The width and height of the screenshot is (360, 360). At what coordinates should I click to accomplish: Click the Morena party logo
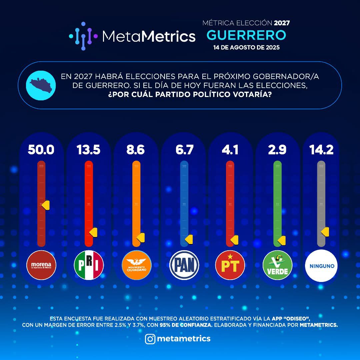41,265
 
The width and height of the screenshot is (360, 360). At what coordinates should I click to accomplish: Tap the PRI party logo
88,265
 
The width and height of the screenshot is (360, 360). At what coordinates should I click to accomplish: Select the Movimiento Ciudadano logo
136,265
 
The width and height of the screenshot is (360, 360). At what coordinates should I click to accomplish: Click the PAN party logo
184,265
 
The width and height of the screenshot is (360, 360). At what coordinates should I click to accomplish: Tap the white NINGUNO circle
321,266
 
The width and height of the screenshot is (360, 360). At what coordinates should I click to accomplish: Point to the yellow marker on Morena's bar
46,205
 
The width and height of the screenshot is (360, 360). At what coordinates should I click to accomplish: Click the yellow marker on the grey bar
325,232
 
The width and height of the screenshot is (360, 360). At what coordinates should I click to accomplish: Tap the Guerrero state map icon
41,85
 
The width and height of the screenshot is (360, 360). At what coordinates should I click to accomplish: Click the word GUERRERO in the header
246,34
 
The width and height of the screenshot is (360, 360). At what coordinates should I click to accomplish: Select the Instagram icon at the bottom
150,339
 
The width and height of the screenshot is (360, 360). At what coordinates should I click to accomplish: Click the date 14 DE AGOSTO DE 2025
246,47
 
